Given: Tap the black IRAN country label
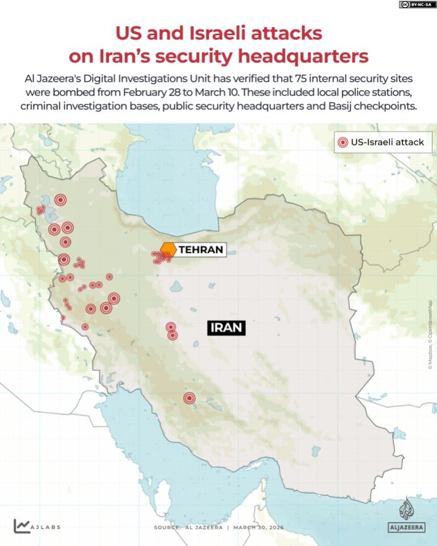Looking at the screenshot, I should point(226,327).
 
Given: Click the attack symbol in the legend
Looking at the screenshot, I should point(342,142).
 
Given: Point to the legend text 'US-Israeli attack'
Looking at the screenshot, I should point(388,142).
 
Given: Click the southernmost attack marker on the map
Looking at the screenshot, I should point(190,399).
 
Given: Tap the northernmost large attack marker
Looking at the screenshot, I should point(61,200).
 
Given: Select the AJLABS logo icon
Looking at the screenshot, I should point(22,526).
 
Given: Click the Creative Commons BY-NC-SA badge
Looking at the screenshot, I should point(418,5).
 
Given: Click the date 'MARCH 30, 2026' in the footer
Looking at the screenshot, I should point(259,527).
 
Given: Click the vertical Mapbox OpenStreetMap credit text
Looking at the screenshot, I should point(430,335).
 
